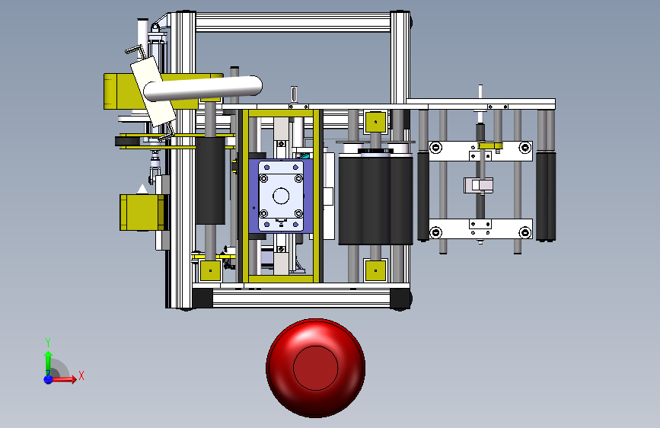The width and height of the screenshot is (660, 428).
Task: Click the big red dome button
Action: coord(315,368)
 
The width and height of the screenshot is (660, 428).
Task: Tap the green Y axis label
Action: coord(48,342)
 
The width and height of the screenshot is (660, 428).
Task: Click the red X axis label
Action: coord(81,375)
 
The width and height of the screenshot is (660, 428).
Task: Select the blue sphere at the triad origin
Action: coord(49,379)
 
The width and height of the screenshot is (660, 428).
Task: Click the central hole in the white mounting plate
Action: coord(281,196)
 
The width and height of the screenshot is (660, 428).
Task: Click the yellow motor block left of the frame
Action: coord(142,212)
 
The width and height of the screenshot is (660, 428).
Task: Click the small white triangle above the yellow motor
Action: coord(142,189)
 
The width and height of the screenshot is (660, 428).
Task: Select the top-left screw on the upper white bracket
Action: coord(436,148)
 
